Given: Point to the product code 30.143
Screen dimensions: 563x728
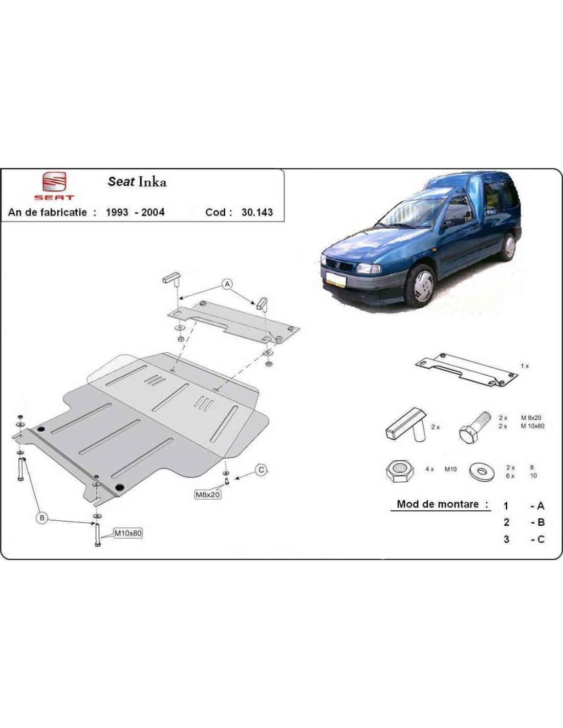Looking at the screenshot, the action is click(257, 212).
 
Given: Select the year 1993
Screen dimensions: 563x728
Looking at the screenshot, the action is click(117, 212).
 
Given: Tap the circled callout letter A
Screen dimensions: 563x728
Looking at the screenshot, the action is click(227, 285).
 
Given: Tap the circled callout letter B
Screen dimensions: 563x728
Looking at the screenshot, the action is click(42, 518).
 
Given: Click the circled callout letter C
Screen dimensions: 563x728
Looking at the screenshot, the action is click(261, 470).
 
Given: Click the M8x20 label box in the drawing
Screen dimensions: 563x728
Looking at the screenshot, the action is click(208, 494).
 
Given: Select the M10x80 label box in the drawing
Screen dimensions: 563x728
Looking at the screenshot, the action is click(128, 532).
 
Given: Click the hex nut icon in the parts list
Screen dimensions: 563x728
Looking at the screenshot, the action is click(400, 470).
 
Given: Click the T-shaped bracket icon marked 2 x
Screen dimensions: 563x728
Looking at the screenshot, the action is click(406, 425).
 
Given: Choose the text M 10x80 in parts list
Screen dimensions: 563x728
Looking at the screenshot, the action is click(532, 426).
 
